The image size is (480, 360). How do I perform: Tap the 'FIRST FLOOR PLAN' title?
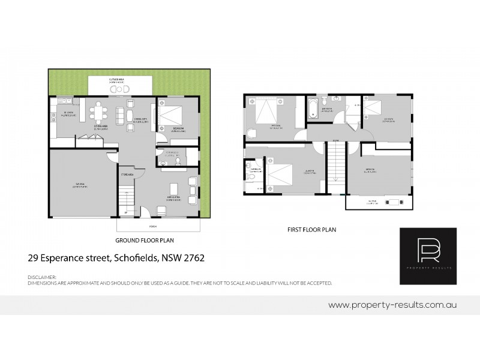[x=311, y=229]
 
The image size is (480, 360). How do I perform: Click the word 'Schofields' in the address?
[x=140, y=259]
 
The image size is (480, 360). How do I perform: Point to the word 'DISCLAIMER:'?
[x=42, y=277]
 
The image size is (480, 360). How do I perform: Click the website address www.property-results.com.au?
[x=393, y=305]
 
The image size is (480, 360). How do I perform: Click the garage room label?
[x=81, y=186]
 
